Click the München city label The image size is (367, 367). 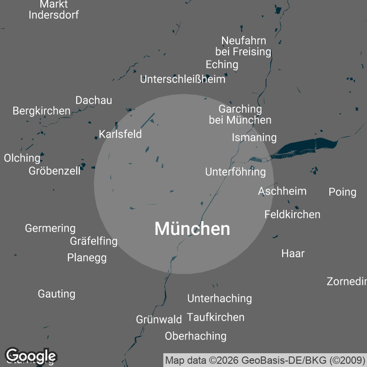[x=192, y=228]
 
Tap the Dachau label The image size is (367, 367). [x=94, y=100]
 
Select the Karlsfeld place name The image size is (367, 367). [x=120, y=134]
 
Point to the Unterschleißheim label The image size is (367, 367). [x=183, y=79]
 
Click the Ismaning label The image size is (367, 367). [x=254, y=137]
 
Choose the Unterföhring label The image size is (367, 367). [x=235, y=172]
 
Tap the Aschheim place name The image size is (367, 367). [x=282, y=191]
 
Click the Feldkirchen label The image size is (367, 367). [x=292, y=214]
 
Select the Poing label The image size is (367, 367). [x=342, y=192]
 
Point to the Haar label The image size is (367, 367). [x=293, y=253]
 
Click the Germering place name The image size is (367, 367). [x=50, y=228]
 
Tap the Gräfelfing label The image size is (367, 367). [x=94, y=241]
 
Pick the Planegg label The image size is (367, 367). [x=87, y=257]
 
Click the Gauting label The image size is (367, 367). [x=56, y=294]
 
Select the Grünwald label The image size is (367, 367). [x=159, y=319]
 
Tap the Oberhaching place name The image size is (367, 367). [x=195, y=336]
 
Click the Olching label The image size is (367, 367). [x=22, y=158]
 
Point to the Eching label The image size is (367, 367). [x=222, y=64]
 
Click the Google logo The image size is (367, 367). [x=31, y=356]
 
